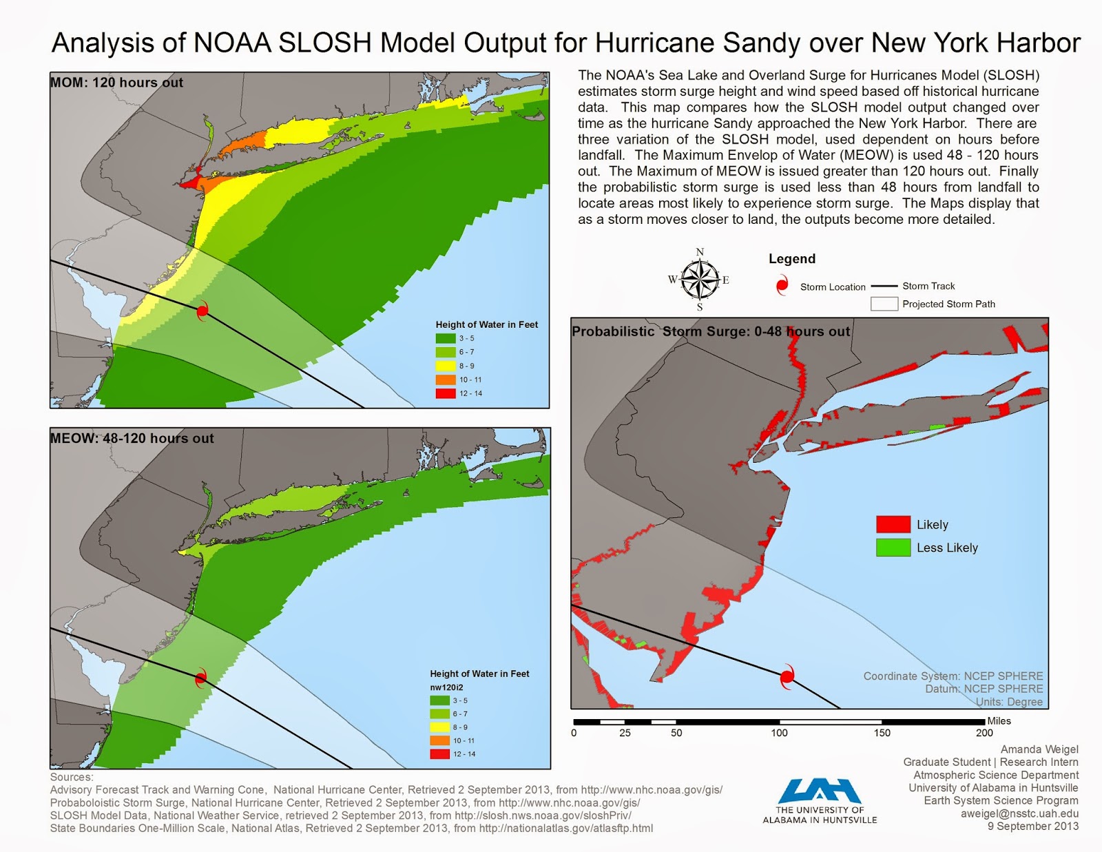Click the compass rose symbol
click(700, 280)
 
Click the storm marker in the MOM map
click(202, 311)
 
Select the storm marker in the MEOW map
click(200, 678)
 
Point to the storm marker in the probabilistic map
click(787, 676)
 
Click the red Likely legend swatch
click(893, 524)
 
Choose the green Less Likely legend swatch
click(893, 548)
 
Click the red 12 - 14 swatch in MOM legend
click(446, 393)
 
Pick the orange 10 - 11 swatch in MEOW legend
click(440, 740)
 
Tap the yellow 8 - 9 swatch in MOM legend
click(446, 366)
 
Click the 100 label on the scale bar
click(779, 733)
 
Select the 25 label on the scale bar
click(625, 733)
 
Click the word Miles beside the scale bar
click(999, 721)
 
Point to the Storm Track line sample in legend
click(884, 286)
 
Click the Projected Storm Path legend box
click(884, 304)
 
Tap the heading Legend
click(791, 259)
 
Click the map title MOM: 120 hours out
click(116, 83)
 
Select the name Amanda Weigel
click(1039, 749)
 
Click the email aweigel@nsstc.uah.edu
click(1019, 813)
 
